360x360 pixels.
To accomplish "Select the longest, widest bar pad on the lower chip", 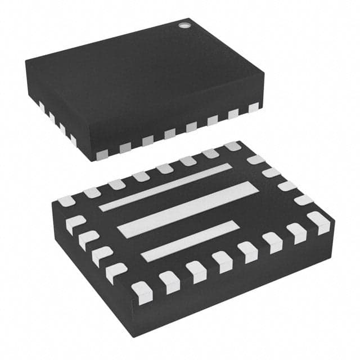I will (186, 209).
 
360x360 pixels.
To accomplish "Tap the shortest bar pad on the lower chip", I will (190, 241).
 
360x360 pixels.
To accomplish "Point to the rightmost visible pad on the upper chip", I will (253, 107).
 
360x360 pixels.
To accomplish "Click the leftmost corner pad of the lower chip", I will (66, 201).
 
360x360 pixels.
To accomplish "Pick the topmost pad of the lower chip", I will (232, 146).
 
